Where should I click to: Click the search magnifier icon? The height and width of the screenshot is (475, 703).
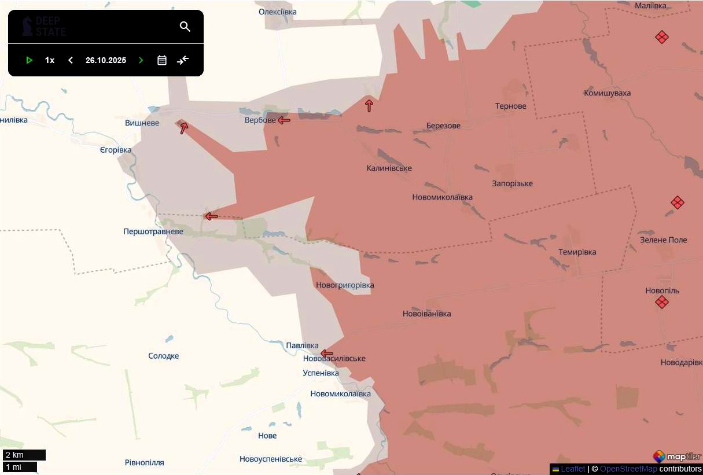click(x=185, y=27)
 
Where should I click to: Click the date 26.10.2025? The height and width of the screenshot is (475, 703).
click(x=106, y=60)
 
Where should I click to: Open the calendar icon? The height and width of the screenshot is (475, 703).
click(x=162, y=60)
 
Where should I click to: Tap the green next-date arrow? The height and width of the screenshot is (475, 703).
click(x=141, y=60)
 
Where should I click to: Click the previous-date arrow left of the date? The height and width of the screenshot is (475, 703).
click(x=71, y=60)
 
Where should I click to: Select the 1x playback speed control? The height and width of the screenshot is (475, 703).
click(x=50, y=60)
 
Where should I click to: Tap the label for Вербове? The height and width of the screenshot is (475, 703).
click(x=260, y=120)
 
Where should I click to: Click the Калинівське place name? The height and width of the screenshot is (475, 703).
click(x=389, y=168)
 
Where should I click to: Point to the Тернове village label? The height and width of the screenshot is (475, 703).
click(x=510, y=106)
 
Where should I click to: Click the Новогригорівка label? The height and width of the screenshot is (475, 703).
click(x=345, y=285)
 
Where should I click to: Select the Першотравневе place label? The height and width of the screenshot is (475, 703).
click(x=153, y=232)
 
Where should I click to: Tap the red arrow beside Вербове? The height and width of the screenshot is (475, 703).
click(x=284, y=120)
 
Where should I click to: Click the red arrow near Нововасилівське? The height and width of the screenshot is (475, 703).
click(x=327, y=354)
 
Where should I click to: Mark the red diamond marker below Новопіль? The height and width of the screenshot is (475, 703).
click(x=662, y=302)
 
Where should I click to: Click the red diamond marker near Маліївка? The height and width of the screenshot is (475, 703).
click(x=662, y=37)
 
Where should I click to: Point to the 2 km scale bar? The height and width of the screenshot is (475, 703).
click(x=24, y=455)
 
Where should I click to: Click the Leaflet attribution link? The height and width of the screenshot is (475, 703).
click(x=573, y=469)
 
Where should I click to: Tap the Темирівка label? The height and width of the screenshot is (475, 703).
click(x=577, y=252)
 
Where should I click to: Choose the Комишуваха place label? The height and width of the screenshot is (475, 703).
click(x=607, y=93)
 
